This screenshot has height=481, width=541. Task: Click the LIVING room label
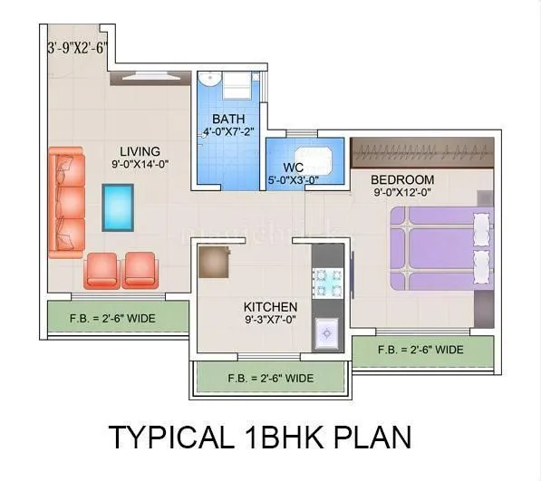point(140,151)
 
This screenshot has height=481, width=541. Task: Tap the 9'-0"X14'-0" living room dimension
point(140,164)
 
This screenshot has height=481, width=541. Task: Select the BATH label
point(228,120)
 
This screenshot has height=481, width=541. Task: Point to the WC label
point(293,167)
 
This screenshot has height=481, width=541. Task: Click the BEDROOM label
point(402,179)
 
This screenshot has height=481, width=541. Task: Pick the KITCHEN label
point(270,307)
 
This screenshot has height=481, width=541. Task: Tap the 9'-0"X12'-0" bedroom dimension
point(402,192)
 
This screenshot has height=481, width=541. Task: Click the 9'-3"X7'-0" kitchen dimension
point(270,320)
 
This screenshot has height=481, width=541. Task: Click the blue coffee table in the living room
point(118,207)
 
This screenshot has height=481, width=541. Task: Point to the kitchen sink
point(326,335)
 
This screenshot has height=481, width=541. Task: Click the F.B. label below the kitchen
point(271,378)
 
